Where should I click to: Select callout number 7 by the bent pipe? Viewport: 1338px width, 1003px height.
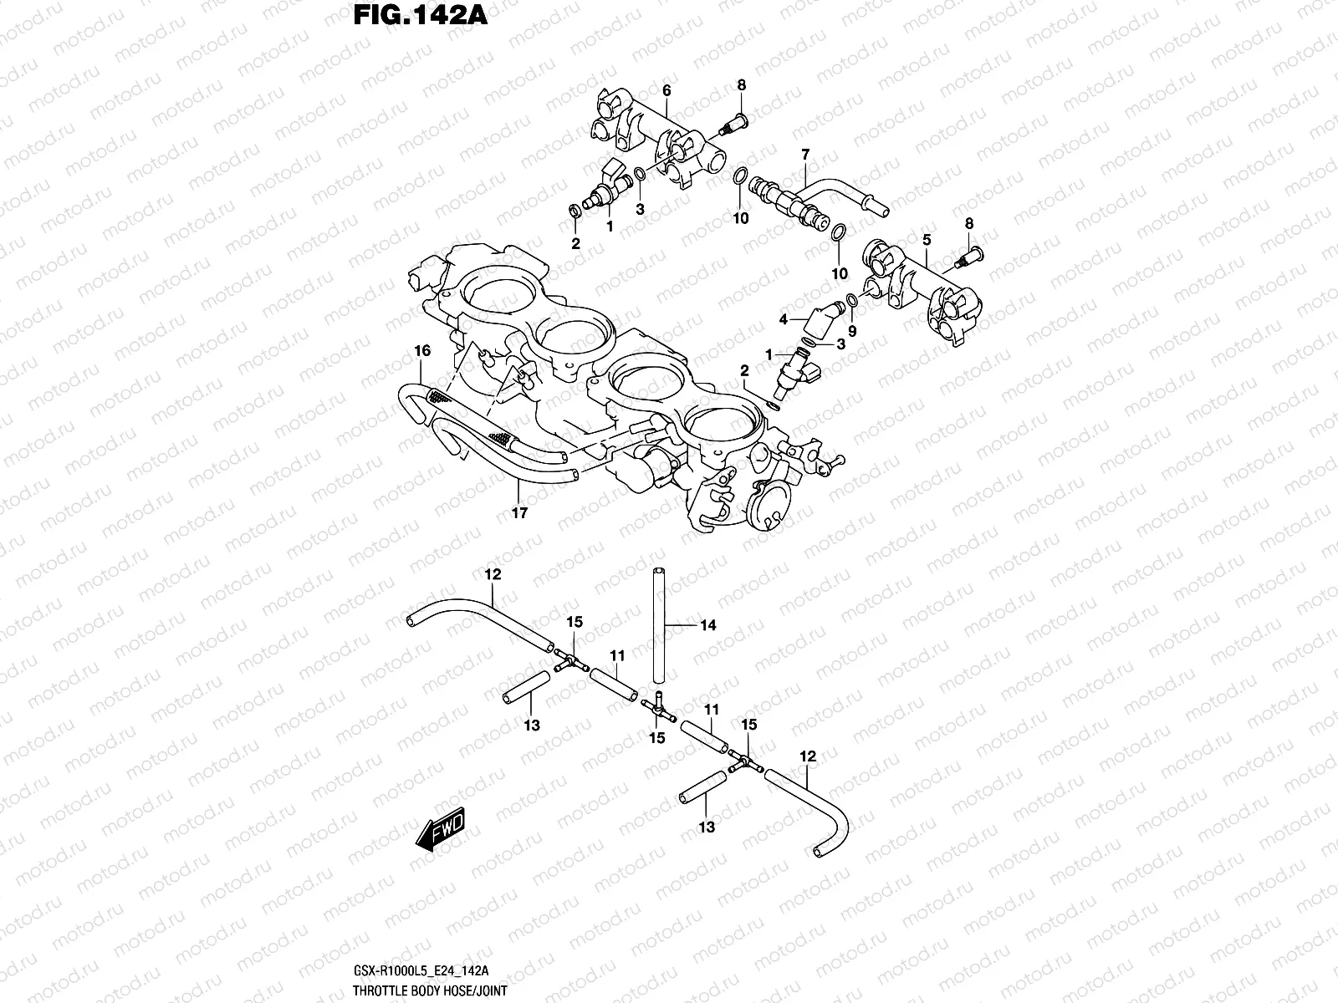tap(805, 155)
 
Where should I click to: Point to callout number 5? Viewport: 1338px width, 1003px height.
tap(927, 240)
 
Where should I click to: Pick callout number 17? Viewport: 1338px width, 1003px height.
tap(519, 513)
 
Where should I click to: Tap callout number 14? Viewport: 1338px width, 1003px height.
tap(708, 625)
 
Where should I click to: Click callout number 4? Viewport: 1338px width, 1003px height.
tap(784, 319)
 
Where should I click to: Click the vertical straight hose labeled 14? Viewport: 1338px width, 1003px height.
tap(658, 625)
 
